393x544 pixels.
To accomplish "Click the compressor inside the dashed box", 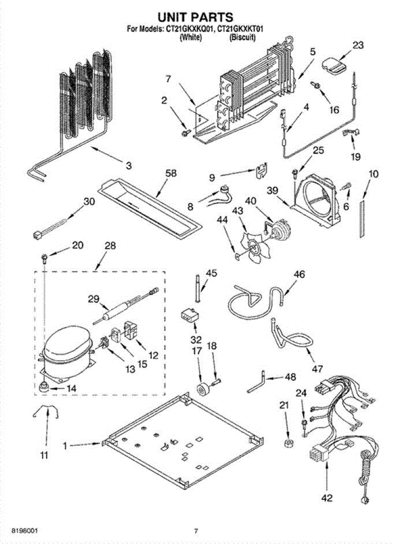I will click(66, 347).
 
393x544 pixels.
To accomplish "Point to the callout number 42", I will click(326, 499).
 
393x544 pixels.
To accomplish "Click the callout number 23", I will click(358, 45).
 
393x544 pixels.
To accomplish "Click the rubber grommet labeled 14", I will click(44, 388).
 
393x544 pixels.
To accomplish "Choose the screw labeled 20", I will click(44, 258).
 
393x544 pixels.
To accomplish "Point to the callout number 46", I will click(299, 274).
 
